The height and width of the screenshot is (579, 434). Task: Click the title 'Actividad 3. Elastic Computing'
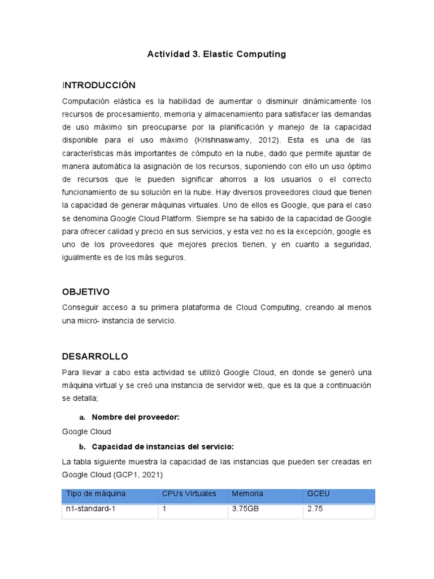click(216, 54)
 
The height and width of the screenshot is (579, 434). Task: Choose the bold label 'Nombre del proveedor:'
click(135, 417)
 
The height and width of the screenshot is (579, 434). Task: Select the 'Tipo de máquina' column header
click(96, 494)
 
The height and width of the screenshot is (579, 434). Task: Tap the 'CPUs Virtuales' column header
click(189, 494)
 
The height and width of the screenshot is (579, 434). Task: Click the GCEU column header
click(318, 494)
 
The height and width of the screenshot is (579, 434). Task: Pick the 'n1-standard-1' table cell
click(93, 509)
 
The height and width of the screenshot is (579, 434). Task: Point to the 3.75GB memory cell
click(246, 509)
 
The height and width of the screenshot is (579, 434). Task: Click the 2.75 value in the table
click(315, 509)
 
